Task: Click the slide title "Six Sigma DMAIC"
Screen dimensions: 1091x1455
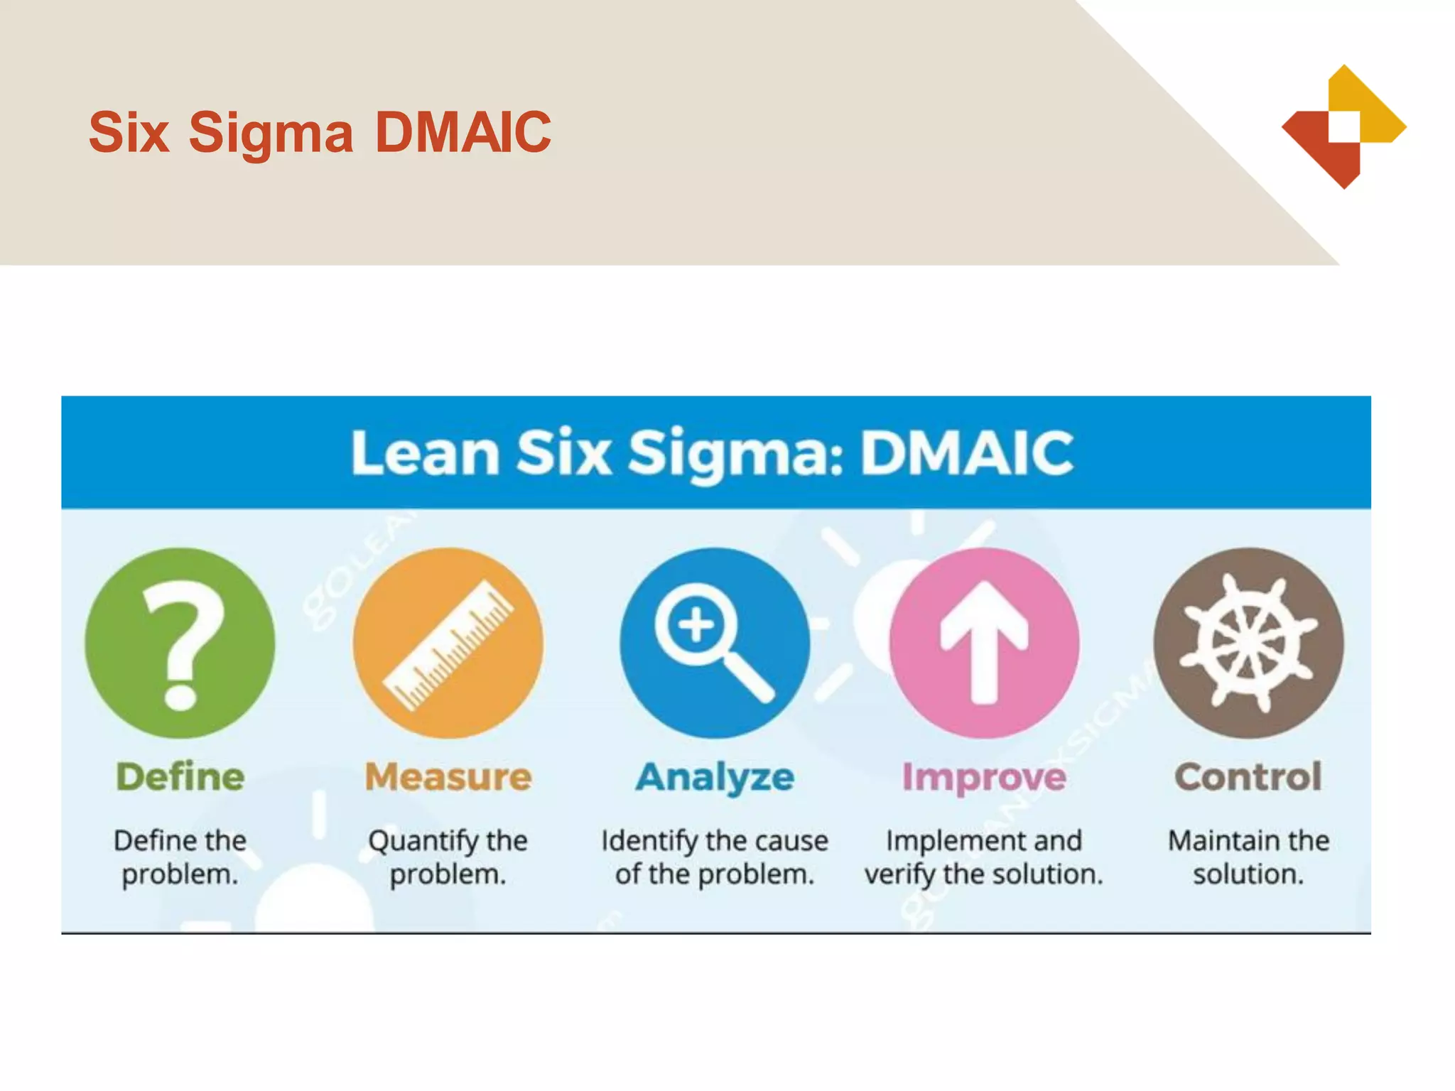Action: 320,132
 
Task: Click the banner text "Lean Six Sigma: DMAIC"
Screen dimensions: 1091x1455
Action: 713,453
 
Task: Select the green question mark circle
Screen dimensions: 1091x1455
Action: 180,643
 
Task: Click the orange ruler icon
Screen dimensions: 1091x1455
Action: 448,643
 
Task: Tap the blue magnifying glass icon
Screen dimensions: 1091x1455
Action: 715,643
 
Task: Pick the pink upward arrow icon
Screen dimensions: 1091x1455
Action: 984,643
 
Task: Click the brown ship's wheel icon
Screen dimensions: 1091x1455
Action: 1248,643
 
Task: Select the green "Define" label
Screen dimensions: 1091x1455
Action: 180,776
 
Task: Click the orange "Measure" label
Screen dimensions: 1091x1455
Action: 448,776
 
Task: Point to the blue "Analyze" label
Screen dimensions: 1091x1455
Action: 715,777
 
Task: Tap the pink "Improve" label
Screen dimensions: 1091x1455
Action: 984,777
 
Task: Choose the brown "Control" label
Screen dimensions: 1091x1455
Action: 1248,776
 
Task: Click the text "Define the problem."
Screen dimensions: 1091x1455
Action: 180,857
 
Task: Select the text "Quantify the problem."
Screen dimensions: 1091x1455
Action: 448,857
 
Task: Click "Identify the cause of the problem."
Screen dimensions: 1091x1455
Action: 715,857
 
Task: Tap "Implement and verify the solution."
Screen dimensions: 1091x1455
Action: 984,857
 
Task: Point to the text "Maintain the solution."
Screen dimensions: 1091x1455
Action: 1248,857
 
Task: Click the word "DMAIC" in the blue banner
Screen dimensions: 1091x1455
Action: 967,453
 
